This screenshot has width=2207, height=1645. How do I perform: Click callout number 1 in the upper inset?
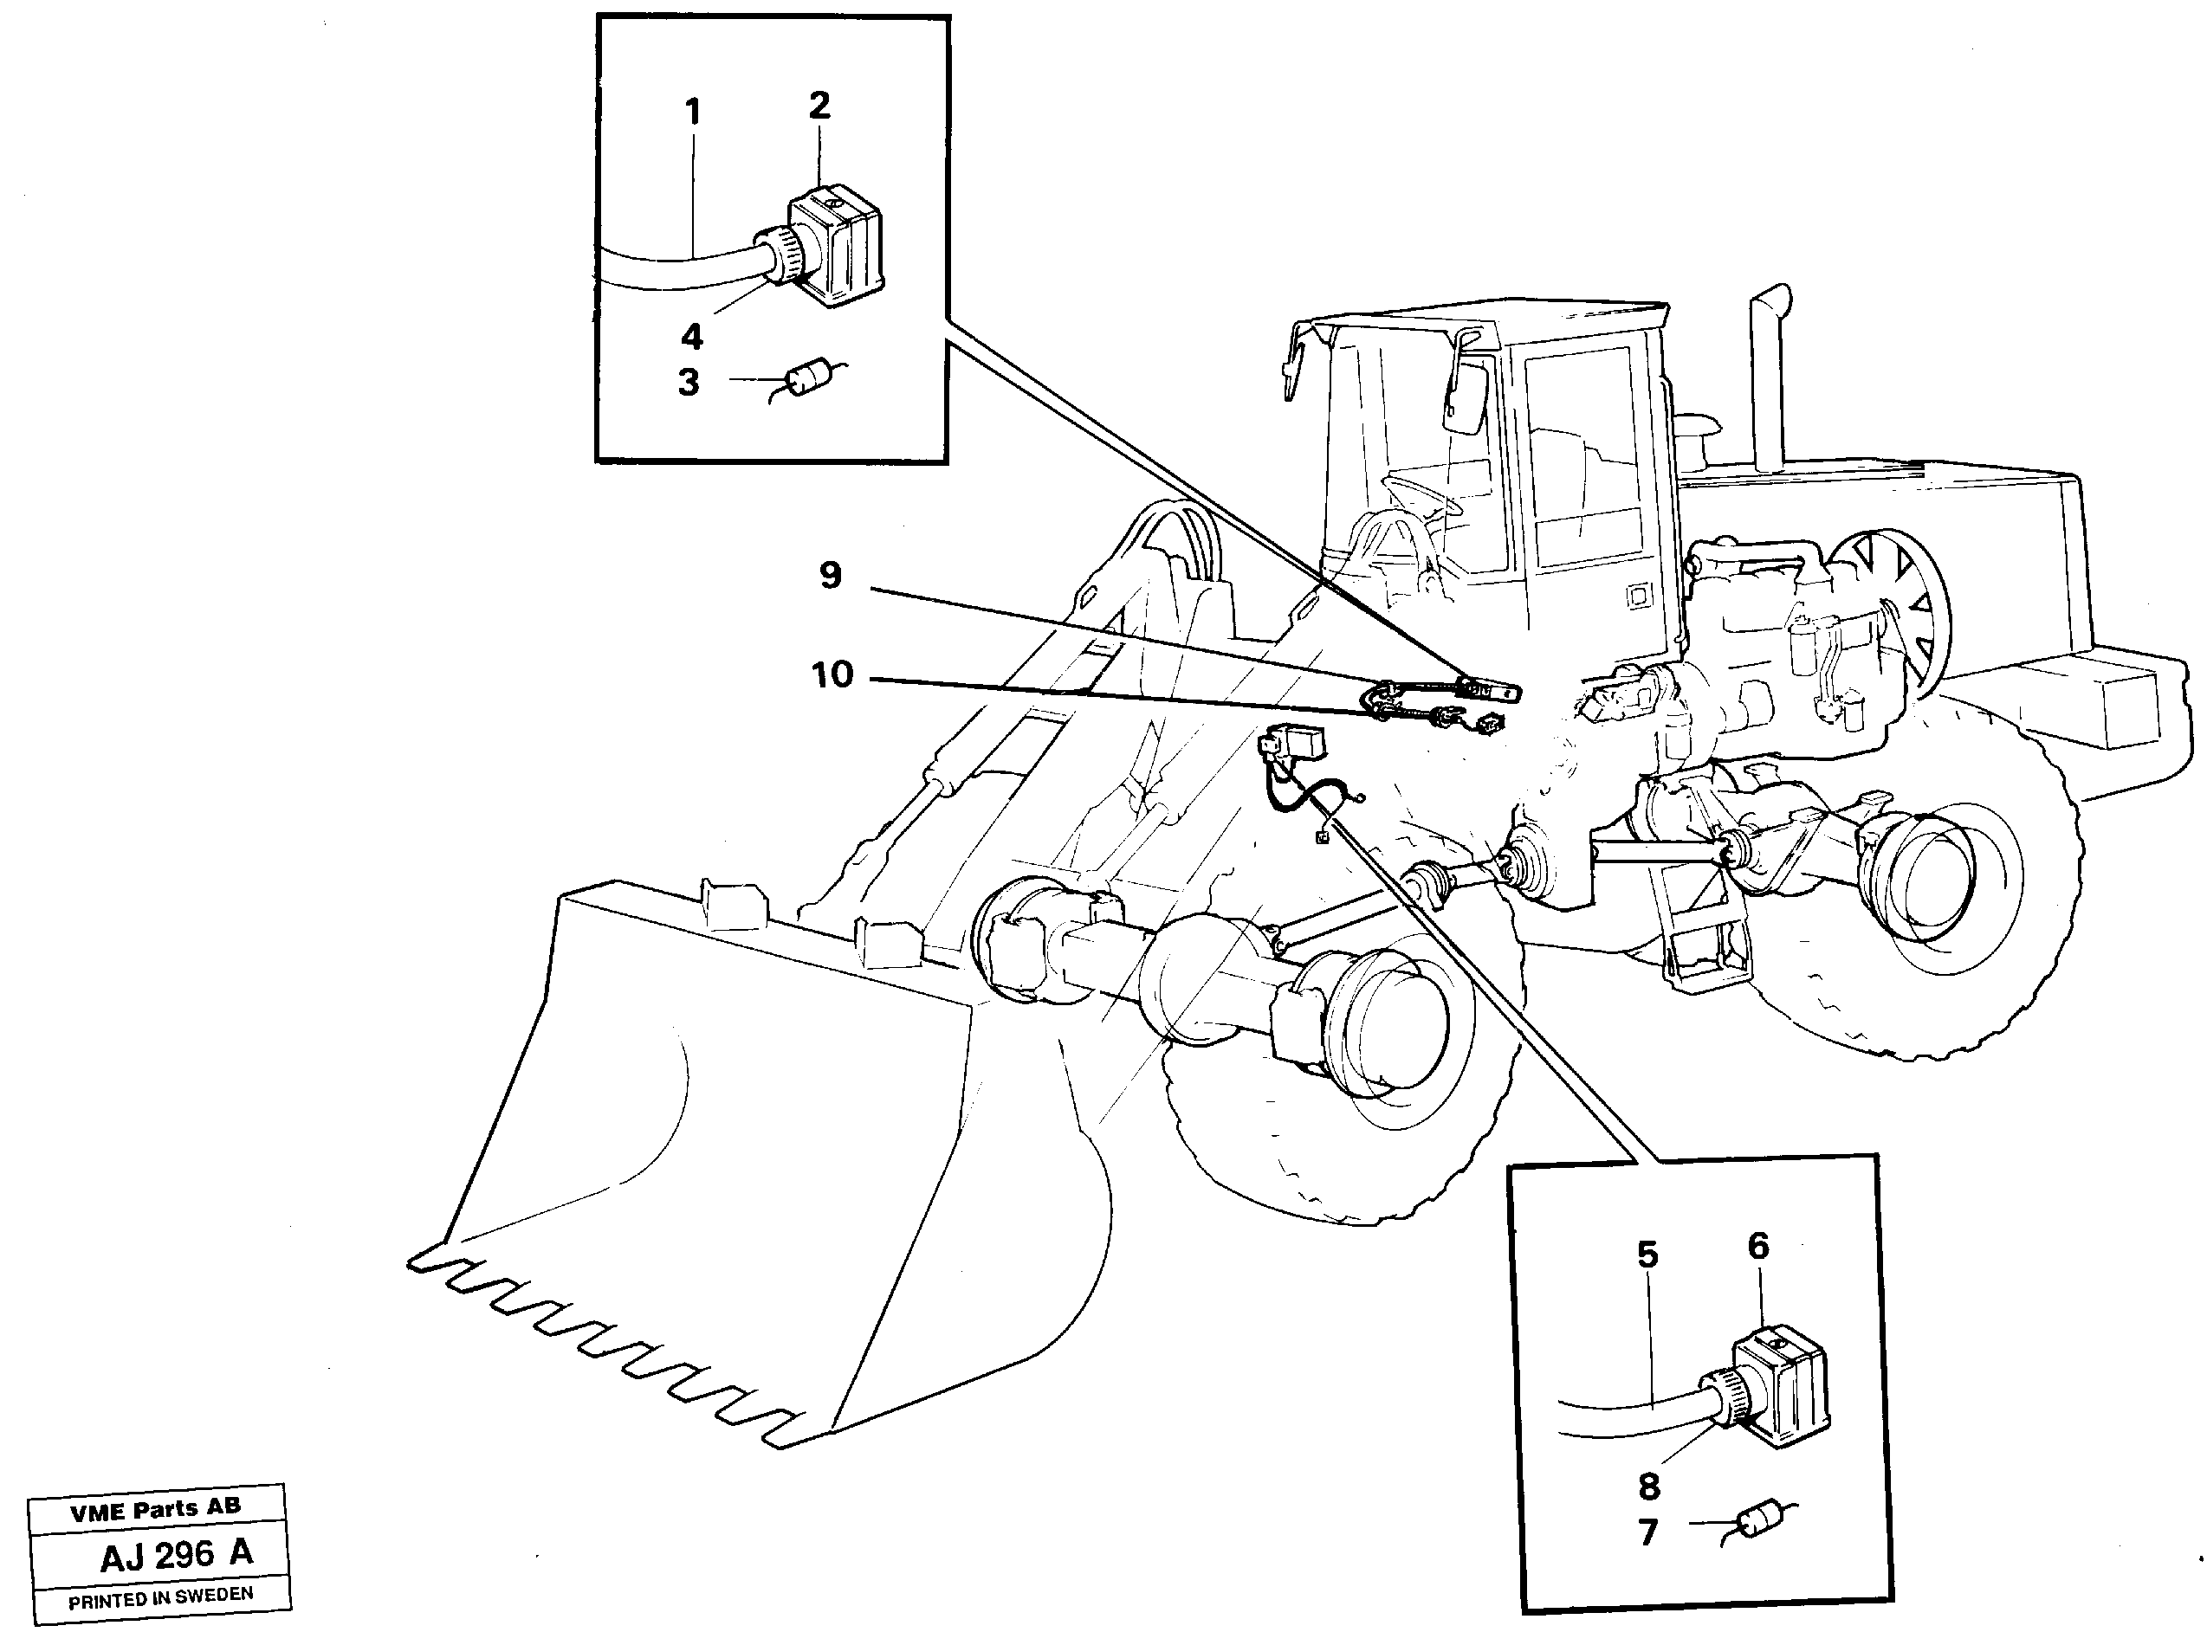[x=693, y=113]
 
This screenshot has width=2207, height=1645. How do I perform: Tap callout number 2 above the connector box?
[x=819, y=106]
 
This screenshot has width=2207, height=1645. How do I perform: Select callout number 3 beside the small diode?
[x=689, y=383]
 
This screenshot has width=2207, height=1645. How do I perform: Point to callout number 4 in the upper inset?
[x=691, y=338]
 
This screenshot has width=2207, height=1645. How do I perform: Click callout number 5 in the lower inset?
[x=1648, y=1255]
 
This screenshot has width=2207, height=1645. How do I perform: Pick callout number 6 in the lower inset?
[x=1759, y=1246]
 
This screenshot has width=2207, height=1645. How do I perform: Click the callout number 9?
[x=831, y=576]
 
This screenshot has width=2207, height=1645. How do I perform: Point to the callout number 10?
[x=832, y=675]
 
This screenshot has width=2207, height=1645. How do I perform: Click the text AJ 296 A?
[x=177, y=1554]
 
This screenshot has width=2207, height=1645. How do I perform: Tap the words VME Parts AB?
[x=154, y=1510]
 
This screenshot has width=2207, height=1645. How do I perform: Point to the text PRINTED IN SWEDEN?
[x=160, y=1599]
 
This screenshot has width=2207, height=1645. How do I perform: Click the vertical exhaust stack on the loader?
[x=1769, y=378]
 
